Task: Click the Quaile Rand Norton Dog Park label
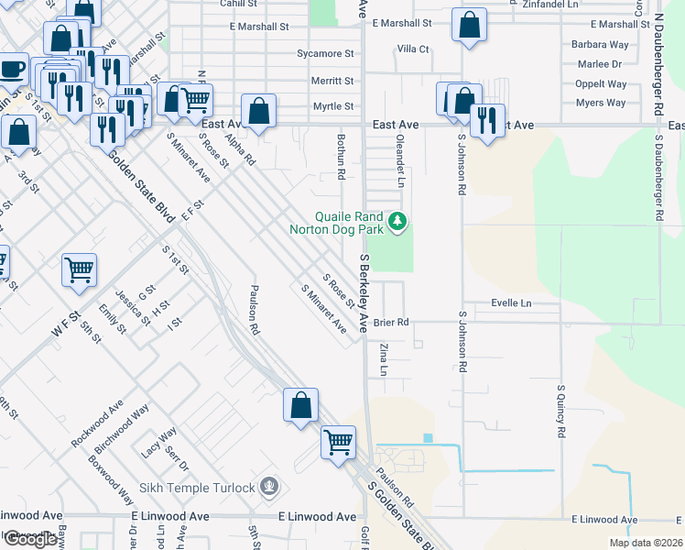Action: (x=342, y=223)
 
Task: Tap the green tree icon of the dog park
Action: (x=397, y=221)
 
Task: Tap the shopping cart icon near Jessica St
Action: (x=79, y=269)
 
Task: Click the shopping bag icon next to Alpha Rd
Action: (x=259, y=111)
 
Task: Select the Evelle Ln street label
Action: (x=511, y=303)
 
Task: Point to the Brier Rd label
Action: (x=390, y=323)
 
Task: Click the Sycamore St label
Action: (x=325, y=55)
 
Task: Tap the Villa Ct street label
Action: (x=412, y=49)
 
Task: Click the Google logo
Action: (x=30, y=539)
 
